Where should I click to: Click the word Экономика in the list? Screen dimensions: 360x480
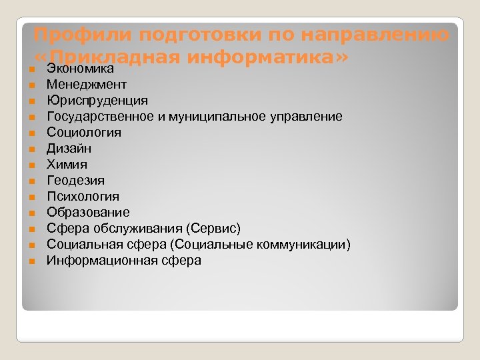(x=79, y=69)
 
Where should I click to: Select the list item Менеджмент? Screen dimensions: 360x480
(x=86, y=85)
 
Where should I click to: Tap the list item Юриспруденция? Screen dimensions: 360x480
(x=97, y=101)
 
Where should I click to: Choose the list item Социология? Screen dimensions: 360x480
(x=84, y=133)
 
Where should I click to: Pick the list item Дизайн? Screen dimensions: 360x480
(x=69, y=149)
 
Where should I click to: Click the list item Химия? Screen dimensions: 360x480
(x=67, y=165)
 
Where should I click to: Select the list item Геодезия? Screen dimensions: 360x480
(x=75, y=181)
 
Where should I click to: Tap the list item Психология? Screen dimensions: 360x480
(x=83, y=197)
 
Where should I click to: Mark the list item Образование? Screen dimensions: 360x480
(x=88, y=213)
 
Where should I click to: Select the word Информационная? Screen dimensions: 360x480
(x=102, y=261)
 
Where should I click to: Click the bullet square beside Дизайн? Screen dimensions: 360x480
(x=31, y=149)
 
